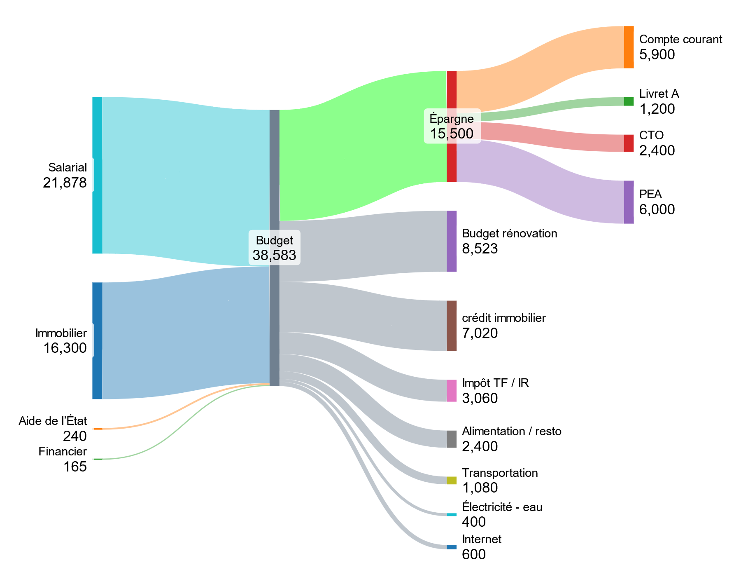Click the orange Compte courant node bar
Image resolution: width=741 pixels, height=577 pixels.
click(x=629, y=47)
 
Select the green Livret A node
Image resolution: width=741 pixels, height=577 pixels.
click(x=629, y=101)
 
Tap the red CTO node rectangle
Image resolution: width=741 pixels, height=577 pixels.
click(x=629, y=143)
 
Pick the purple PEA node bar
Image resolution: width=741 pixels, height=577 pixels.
click(x=629, y=202)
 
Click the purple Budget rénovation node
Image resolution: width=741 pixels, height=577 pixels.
click(x=452, y=241)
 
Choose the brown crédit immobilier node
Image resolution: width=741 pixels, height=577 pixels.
click(x=452, y=326)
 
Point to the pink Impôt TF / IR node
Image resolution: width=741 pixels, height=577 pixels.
click(x=452, y=390)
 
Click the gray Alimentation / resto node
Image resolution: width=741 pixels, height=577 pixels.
click(x=452, y=439)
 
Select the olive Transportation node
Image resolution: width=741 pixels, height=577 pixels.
click(x=452, y=480)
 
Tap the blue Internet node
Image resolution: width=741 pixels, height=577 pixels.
click(x=452, y=547)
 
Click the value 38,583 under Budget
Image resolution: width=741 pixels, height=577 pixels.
click(x=274, y=255)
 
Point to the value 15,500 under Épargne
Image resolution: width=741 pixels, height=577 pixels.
click(x=452, y=134)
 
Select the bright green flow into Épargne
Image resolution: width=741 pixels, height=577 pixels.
click(x=362, y=144)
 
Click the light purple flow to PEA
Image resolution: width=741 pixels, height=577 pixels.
click(x=539, y=181)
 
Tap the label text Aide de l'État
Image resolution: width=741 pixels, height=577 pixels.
click(x=53, y=421)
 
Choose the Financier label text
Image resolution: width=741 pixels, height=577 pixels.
click(x=63, y=451)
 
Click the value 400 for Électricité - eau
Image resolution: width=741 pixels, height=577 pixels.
click(x=474, y=522)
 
